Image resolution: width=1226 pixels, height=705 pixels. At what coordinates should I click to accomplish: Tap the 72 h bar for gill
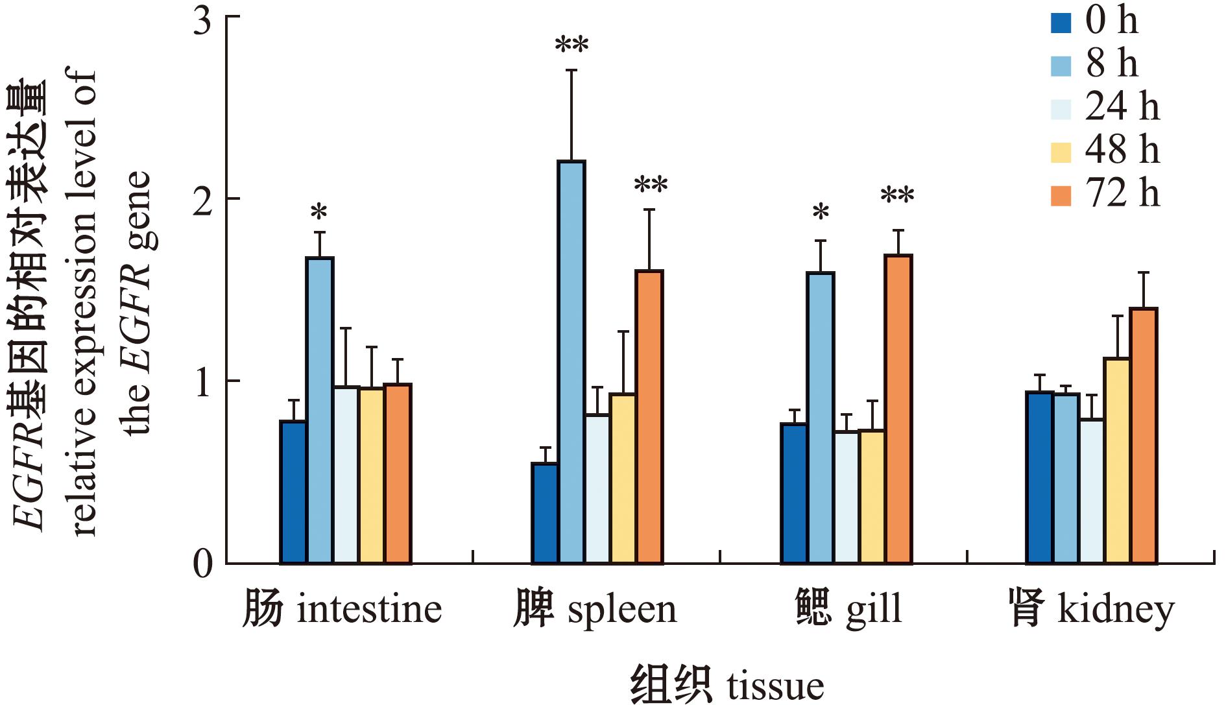coord(898,409)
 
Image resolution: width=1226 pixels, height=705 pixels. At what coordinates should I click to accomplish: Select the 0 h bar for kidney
coord(1039,477)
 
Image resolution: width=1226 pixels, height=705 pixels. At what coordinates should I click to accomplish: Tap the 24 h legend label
coord(1122,107)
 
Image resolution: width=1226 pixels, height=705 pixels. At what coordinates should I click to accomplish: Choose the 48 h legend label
coord(1122,150)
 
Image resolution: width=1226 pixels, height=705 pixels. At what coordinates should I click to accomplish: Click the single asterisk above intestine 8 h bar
coord(319,213)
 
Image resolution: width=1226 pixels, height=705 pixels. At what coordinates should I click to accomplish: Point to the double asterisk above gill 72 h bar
coord(897,196)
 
